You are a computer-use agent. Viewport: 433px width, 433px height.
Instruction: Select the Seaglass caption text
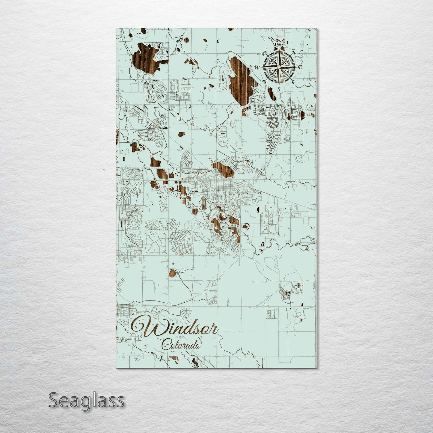click(x=86, y=401)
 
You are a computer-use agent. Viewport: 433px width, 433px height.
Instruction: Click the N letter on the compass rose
click(x=279, y=45)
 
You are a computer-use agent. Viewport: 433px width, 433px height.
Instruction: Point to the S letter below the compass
click(x=278, y=89)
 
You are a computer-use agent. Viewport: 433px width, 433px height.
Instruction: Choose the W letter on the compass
click(x=257, y=67)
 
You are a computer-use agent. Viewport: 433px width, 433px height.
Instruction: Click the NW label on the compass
click(x=264, y=54)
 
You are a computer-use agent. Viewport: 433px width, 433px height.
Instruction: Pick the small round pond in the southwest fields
click(x=172, y=273)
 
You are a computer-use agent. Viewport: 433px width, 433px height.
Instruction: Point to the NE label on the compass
click(x=293, y=53)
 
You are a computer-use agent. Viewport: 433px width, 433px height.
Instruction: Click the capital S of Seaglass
click(x=54, y=401)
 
